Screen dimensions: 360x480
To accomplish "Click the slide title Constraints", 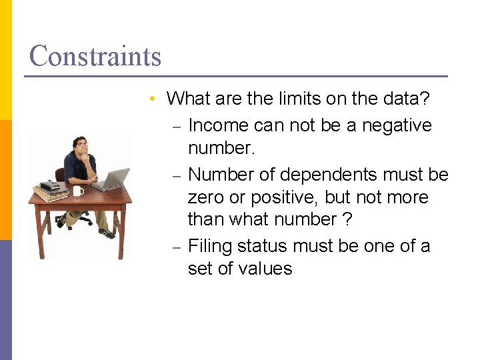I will (x=95, y=56).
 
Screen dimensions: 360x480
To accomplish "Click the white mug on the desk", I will (x=79, y=191).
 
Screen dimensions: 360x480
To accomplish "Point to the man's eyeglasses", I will (x=82, y=144).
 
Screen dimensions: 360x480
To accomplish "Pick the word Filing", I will (x=210, y=246).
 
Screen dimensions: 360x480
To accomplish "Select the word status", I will (x=263, y=246).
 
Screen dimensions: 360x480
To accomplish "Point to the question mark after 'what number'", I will (x=347, y=219).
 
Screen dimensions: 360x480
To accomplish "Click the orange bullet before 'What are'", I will (x=153, y=99).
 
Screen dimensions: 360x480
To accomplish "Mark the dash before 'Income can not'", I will (x=177, y=127).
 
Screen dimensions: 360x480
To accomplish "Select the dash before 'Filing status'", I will (x=177, y=247).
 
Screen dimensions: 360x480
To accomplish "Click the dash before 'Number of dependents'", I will (x=177, y=176).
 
